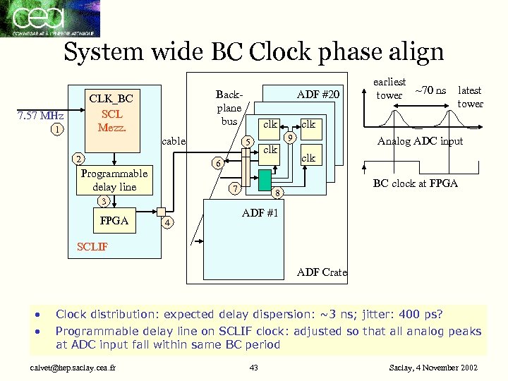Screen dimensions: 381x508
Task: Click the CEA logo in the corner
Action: coord(49,18)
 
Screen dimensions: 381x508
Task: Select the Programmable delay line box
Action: coord(114,180)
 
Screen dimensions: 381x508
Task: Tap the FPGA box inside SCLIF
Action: coord(115,221)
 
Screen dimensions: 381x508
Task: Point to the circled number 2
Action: coord(80,159)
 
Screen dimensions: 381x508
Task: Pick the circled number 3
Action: coord(103,202)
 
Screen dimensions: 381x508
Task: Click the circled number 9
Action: coord(289,137)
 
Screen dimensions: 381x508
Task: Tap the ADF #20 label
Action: coord(319,94)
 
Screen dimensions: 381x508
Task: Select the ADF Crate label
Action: coord(322,272)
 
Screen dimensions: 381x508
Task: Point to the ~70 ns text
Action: coord(430,90)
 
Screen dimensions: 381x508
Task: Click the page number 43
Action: coord(254,368)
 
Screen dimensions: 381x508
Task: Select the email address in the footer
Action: coord(73,368)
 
